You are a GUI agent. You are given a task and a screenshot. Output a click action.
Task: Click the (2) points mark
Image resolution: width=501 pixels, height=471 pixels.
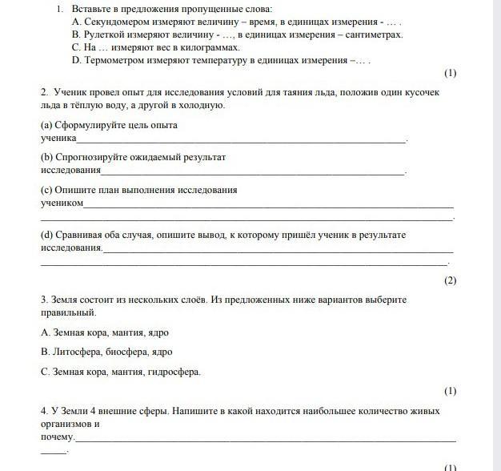[450, 280]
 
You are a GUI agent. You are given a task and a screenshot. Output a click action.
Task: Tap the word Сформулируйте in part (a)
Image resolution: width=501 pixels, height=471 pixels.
[89, 125]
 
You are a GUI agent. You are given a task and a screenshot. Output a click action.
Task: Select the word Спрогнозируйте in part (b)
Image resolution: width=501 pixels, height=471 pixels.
[92, 157]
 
